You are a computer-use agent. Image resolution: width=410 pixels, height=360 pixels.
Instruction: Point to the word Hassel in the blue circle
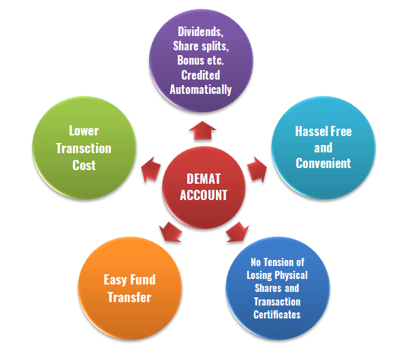(x=309, y=131)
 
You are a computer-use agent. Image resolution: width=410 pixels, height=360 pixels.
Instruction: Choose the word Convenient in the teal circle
(x=323, y=163)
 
